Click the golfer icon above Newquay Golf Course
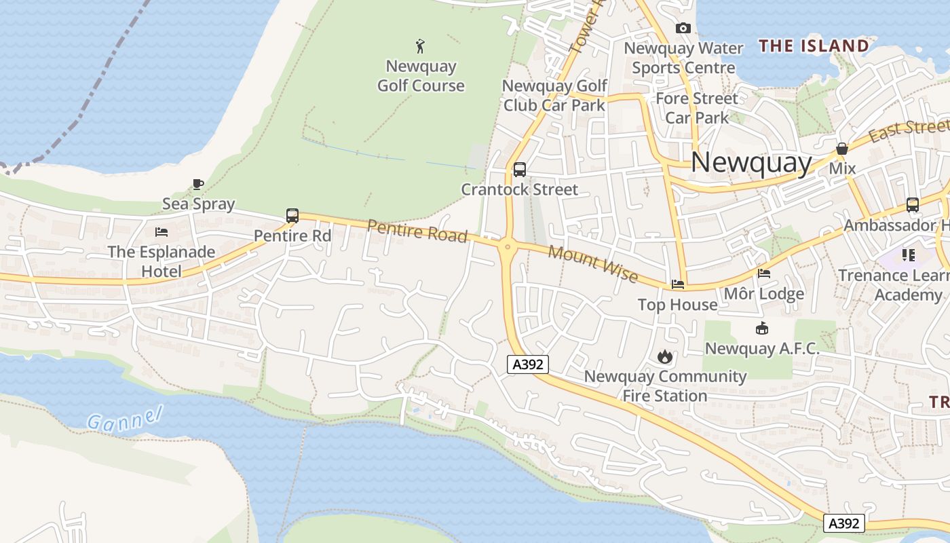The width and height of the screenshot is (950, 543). click(x=421, y=46)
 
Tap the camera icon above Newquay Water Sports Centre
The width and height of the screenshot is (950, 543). click(x=683, y=28)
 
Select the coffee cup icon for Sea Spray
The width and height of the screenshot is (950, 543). click(x=197, y=184)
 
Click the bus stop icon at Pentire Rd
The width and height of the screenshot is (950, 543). click(x=292, y=216)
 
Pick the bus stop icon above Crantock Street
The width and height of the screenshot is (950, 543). click(x=520, y=170)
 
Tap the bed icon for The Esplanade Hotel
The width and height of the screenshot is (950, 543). click(x=161, y=232)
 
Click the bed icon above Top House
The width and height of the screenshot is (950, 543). click(x=677, y=284)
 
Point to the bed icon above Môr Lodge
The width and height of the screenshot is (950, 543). click(x=763, y=274)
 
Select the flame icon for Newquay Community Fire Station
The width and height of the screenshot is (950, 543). click(x=664, y=356)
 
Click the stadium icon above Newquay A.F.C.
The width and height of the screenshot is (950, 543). click(x=762, y=329)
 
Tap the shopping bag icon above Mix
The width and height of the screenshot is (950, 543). click(x=842, y=149)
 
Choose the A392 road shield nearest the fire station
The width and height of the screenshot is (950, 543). click(x=528, y=364)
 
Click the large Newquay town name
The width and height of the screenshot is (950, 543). click(x=751, y=163)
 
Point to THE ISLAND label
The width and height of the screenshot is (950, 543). click(x=814, y=46)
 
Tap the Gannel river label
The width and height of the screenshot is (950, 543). click(x=126, y=419)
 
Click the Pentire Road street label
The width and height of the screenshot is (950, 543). click(x=417, y=231)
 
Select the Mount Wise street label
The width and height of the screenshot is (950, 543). click(x=593, y=264)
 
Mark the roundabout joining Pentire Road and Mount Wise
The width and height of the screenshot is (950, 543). click(x=508, y=247)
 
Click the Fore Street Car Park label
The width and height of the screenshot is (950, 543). click(x=697, y=108)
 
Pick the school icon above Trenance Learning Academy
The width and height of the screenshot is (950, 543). click(x=909, y=255)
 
